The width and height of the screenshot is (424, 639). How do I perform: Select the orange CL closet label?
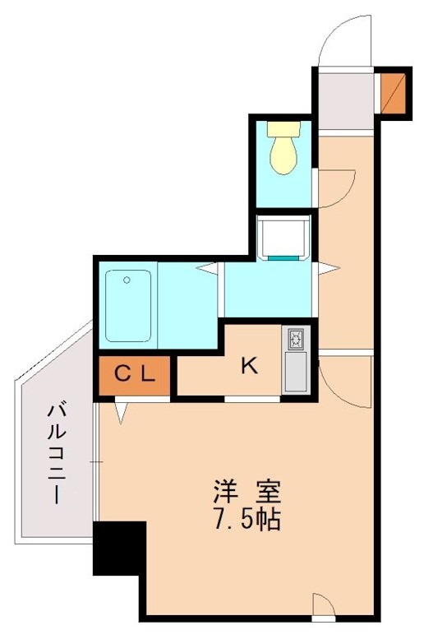tap(134, 375)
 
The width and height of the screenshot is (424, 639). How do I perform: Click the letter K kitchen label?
tap(250, 366)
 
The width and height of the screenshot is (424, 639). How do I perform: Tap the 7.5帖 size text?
tap(247, 521)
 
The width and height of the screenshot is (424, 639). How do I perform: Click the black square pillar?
tap(119, 548)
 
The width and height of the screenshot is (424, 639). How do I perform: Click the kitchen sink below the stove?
tap(295, 372)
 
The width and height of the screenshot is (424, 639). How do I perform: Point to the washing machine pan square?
tap(283, 237)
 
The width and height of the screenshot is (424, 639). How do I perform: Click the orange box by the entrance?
tap(393, 93)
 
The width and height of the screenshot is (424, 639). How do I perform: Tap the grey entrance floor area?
tap(345, 99)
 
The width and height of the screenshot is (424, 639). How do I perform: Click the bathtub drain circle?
tap(127, 280)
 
